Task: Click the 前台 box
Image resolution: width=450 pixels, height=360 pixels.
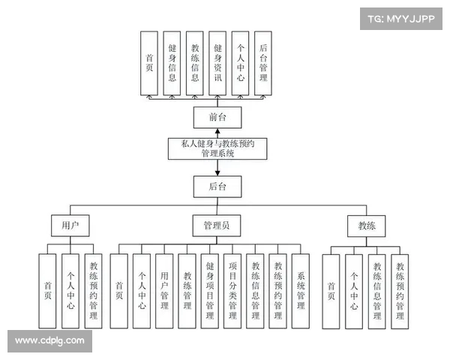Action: (x=217, y=118)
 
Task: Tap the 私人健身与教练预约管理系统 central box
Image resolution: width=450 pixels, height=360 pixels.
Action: (x=217, y=148)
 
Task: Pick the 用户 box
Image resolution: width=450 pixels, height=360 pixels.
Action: (x=70, y=225)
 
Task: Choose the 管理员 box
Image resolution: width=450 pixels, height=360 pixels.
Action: (x=217, y=225)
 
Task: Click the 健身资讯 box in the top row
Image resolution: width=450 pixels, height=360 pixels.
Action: (x=217, y=62)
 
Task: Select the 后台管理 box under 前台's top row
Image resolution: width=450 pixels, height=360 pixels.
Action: (x=262, y=62)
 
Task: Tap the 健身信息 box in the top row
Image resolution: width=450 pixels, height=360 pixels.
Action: (x=172, y=62)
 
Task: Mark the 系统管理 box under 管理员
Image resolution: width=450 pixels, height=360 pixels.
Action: (x=301, y=291)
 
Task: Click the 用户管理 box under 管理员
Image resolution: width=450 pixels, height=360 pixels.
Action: (x=164, y=291)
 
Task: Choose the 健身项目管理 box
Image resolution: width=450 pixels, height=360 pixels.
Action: (x=210, y=291)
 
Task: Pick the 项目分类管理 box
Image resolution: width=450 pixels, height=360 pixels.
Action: (x=232, y=291)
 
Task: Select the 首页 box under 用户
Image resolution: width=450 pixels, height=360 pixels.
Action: (x=48, y=291)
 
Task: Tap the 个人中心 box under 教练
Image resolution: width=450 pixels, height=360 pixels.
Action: (x=354, y=291)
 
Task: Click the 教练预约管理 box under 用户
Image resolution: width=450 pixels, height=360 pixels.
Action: (x=94, y=291)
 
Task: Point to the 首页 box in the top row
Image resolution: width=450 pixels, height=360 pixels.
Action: (x=149, y=62)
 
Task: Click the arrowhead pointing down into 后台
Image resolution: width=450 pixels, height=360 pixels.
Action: (x=217, y=172)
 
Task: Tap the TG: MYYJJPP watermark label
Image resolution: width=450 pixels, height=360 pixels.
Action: (x=400, y=19)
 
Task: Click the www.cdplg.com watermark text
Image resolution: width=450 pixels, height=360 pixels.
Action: (x=49, y=341)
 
